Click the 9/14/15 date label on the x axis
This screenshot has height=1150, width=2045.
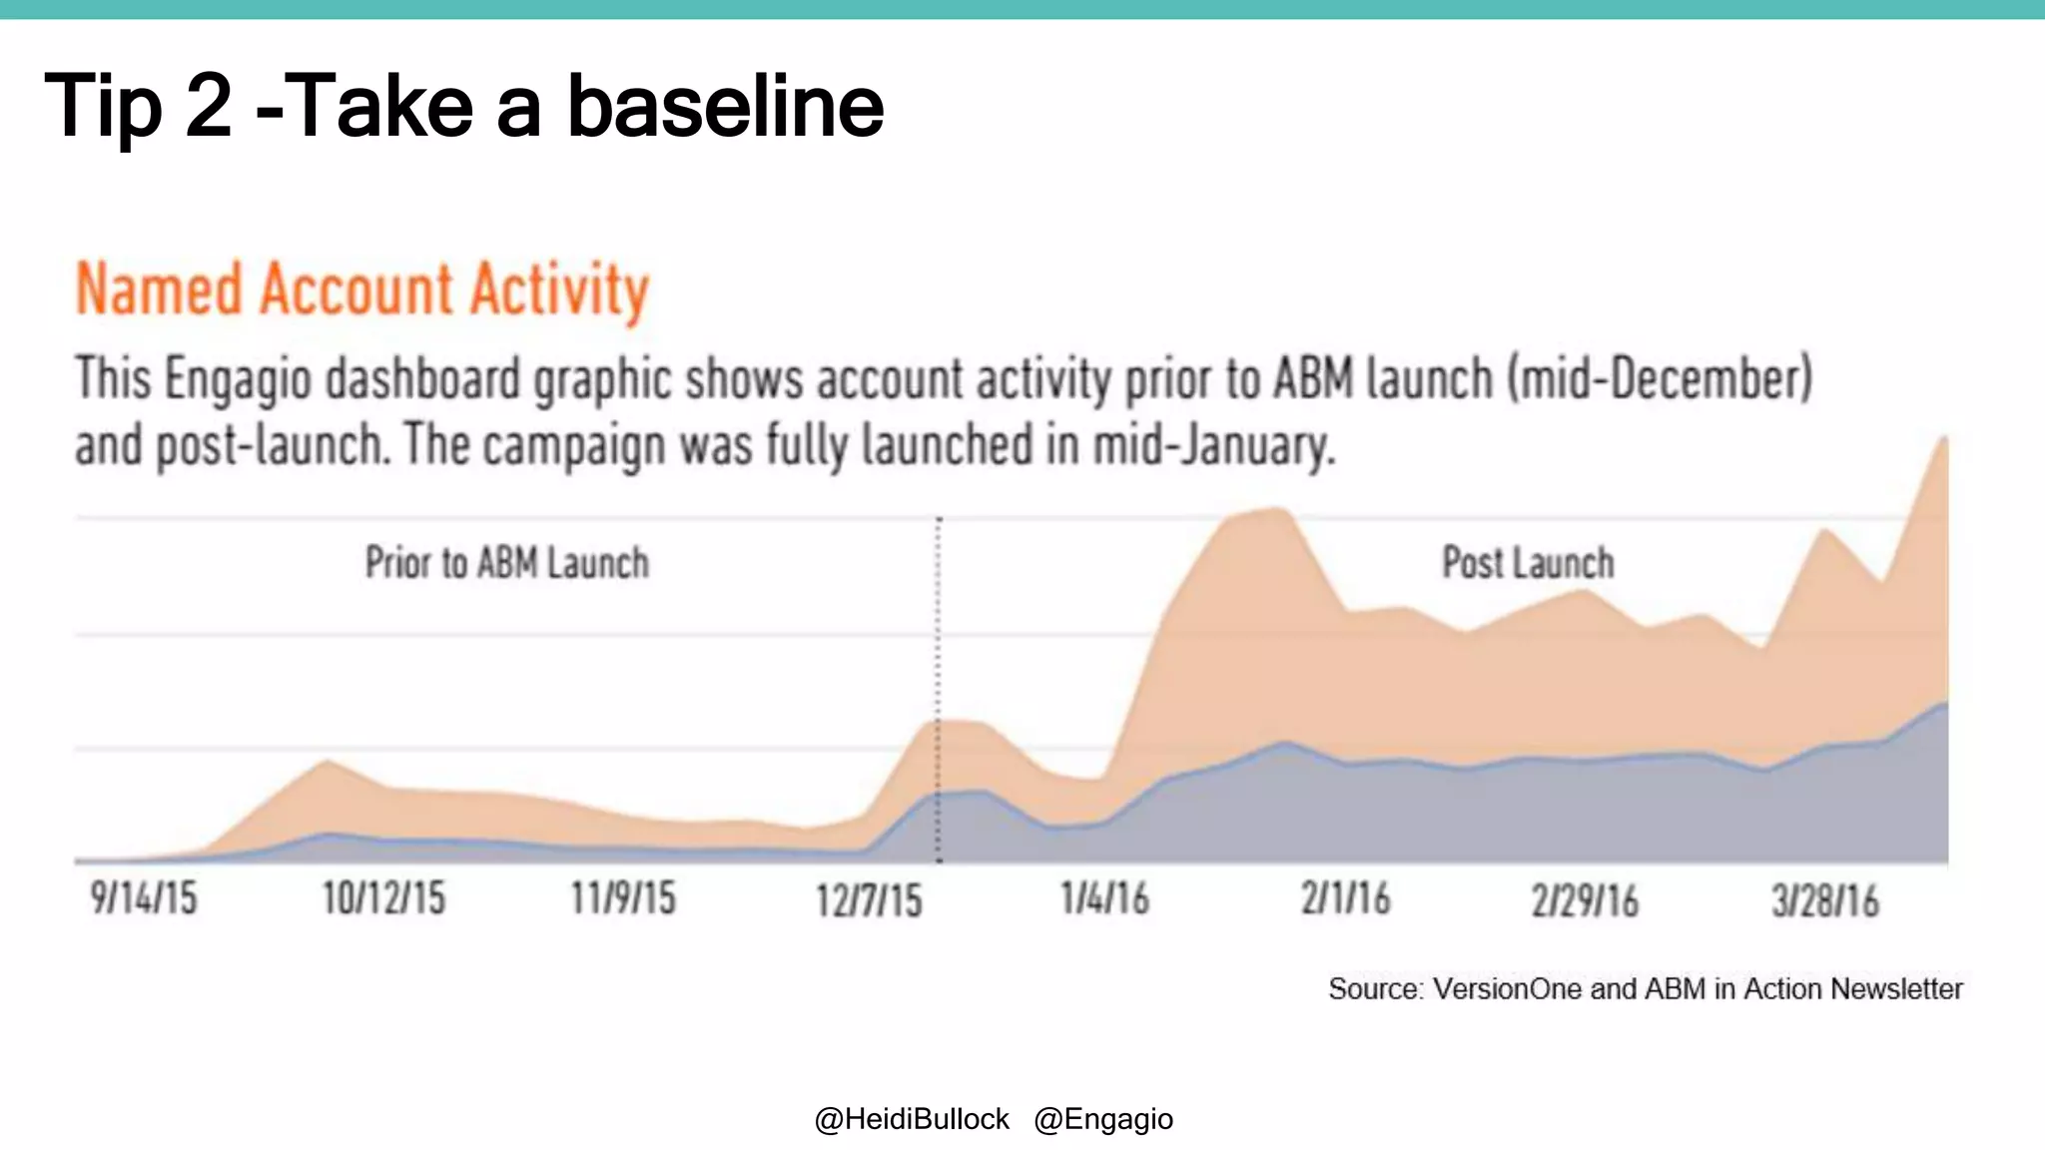pos(144,898)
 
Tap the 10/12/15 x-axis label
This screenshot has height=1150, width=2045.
pos(383,898)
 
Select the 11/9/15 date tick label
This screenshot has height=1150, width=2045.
pos(623,898)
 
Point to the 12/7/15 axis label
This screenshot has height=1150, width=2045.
pos(869,900)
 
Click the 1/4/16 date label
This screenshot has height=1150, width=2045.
pos(1104,898)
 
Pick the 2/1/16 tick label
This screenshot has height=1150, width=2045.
pos(1345,898)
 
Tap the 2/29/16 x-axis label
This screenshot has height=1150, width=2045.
pos(1585,900)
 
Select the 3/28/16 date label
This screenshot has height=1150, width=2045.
pos(1825,900)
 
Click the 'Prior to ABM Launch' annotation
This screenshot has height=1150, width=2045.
pos(506,563)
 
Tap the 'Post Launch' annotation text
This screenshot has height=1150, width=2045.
pos(1528,563)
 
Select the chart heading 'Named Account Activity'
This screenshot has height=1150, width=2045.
pos(362,290)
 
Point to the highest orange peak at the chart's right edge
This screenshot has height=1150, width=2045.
pos(1943,440)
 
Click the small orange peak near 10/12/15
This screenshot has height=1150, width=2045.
pos(327,764)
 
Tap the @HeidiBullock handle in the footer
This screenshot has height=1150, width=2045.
pos(912,1119)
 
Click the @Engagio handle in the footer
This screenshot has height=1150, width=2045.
pos(1103,1119)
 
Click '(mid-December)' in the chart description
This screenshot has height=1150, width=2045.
pos(1659,380)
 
